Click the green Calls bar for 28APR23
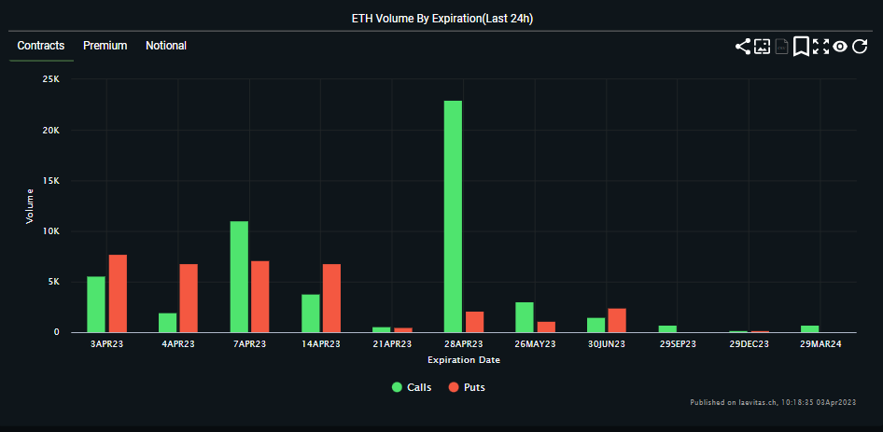tap(453, 216)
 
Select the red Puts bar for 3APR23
tap(118, 293)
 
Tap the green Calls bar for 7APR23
tap(239, 276)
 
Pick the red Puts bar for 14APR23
tap(332, 298)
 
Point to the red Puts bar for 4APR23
tap(189, 298)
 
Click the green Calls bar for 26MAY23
tap(525, 317)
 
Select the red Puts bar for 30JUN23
tap(617, 320)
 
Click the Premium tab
tap(105, 46)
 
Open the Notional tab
tap(166, 46)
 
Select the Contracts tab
tap(41, 46)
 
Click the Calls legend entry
tap(411, 387)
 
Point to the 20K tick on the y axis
tap(51, 131)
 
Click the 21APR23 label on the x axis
tap(392, 344)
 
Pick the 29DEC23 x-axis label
tap(750, 344)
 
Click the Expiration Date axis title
tap(463, 359)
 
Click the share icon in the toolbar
tap(743, 46)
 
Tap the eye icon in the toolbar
tap(840, 46)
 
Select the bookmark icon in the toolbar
tap(801, 46)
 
